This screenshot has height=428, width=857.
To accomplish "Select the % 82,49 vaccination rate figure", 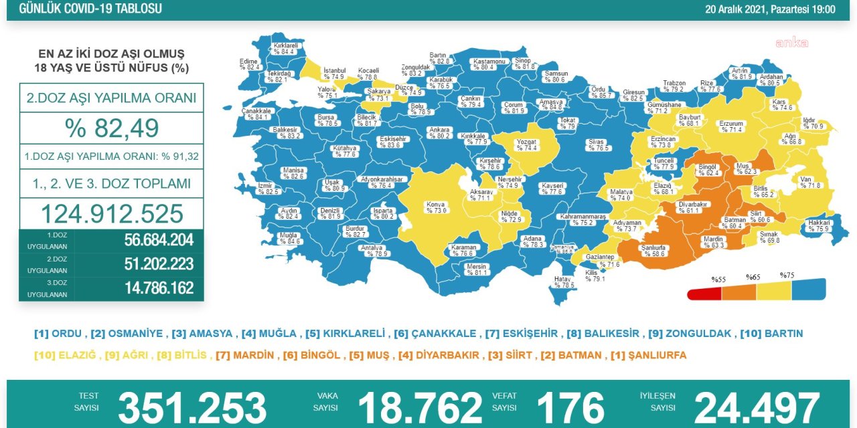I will (x=111, y=128).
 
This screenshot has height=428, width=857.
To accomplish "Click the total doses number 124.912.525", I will (x=111, y=213).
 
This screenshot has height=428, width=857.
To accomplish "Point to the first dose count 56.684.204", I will (x=159, y=241).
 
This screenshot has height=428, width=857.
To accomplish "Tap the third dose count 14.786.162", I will (x=159, y=288).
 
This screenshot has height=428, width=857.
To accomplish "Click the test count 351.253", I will (x=192, y=407).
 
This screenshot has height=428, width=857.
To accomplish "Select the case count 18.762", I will (x=420, y=407).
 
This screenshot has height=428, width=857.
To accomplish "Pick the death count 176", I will (x=570, y=407).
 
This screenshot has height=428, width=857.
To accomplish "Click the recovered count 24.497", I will (x=757, y=407).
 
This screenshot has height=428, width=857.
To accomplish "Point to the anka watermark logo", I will (x=791, y=43).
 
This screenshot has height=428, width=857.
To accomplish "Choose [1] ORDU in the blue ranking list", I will (x=58, y=333).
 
